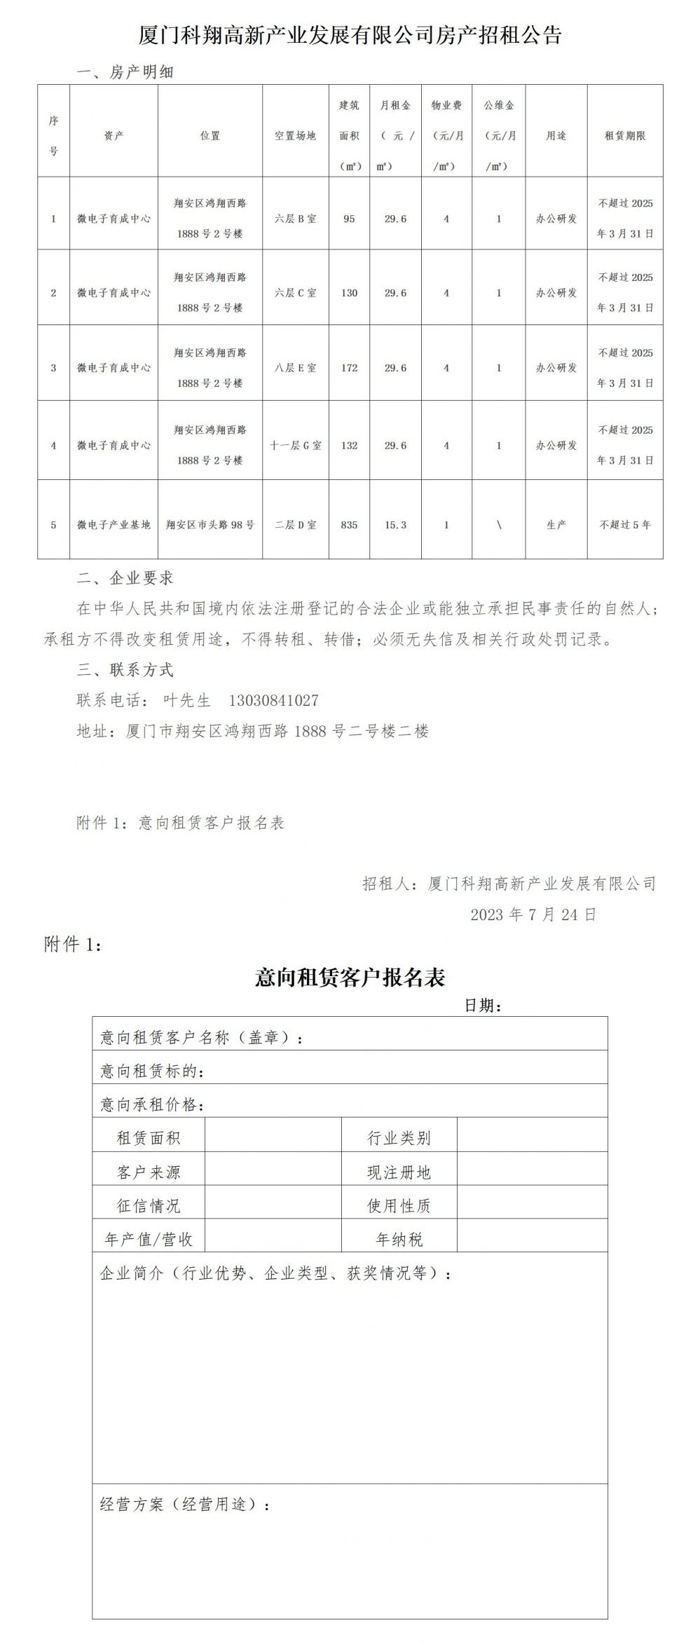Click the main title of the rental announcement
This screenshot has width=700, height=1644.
[350, 35]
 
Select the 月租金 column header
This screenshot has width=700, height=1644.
[396, 106]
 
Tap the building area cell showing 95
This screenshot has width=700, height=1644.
[349, 219]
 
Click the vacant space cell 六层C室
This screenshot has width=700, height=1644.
[295, 293]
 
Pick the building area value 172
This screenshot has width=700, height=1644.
[349, 368]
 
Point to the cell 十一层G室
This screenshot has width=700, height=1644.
[295, 445]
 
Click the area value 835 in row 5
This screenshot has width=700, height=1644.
[349, 524]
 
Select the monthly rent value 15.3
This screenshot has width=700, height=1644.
[396, 524]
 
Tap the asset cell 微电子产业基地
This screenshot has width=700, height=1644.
[114, 524]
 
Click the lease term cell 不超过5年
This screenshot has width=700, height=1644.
[625, 524]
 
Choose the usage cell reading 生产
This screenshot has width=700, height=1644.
[556, 524]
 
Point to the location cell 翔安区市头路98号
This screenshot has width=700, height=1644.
[210, 524]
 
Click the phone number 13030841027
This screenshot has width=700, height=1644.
[274, 700]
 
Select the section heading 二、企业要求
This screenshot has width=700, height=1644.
[125, 578]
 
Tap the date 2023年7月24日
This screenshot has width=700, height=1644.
[533, 915]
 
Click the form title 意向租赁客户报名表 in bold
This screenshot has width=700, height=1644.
[350, 978]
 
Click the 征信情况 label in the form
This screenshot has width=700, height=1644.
[149, 1205]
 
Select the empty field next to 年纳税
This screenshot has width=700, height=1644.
[532, 1239]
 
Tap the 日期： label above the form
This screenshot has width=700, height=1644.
[483, 1006]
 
